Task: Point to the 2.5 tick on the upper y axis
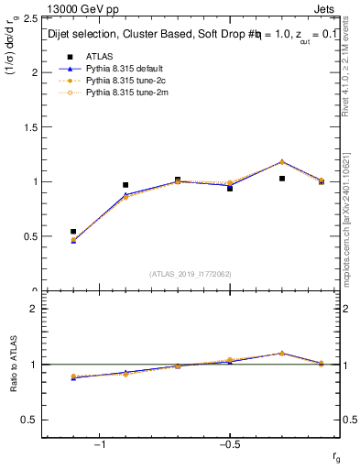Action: point(30,17)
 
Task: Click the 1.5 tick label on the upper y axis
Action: point(30,126)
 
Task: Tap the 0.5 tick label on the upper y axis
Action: point(30,236)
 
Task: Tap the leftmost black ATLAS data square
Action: point(73,232)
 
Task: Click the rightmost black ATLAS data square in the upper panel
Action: point(322,181)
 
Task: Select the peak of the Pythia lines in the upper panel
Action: point(282,161)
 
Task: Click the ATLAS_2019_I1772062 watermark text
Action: point(191,274)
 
